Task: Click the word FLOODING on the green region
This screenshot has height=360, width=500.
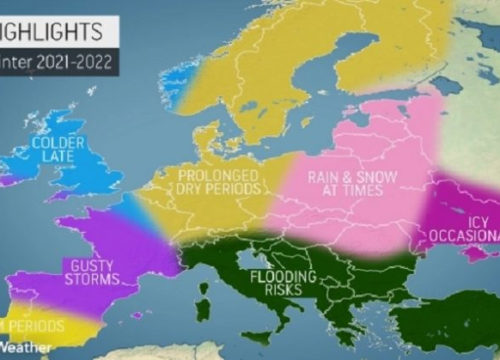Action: [283, 276]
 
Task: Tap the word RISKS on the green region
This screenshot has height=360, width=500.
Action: [283, 291]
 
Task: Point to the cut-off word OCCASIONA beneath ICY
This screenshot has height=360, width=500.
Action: [465, 235]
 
